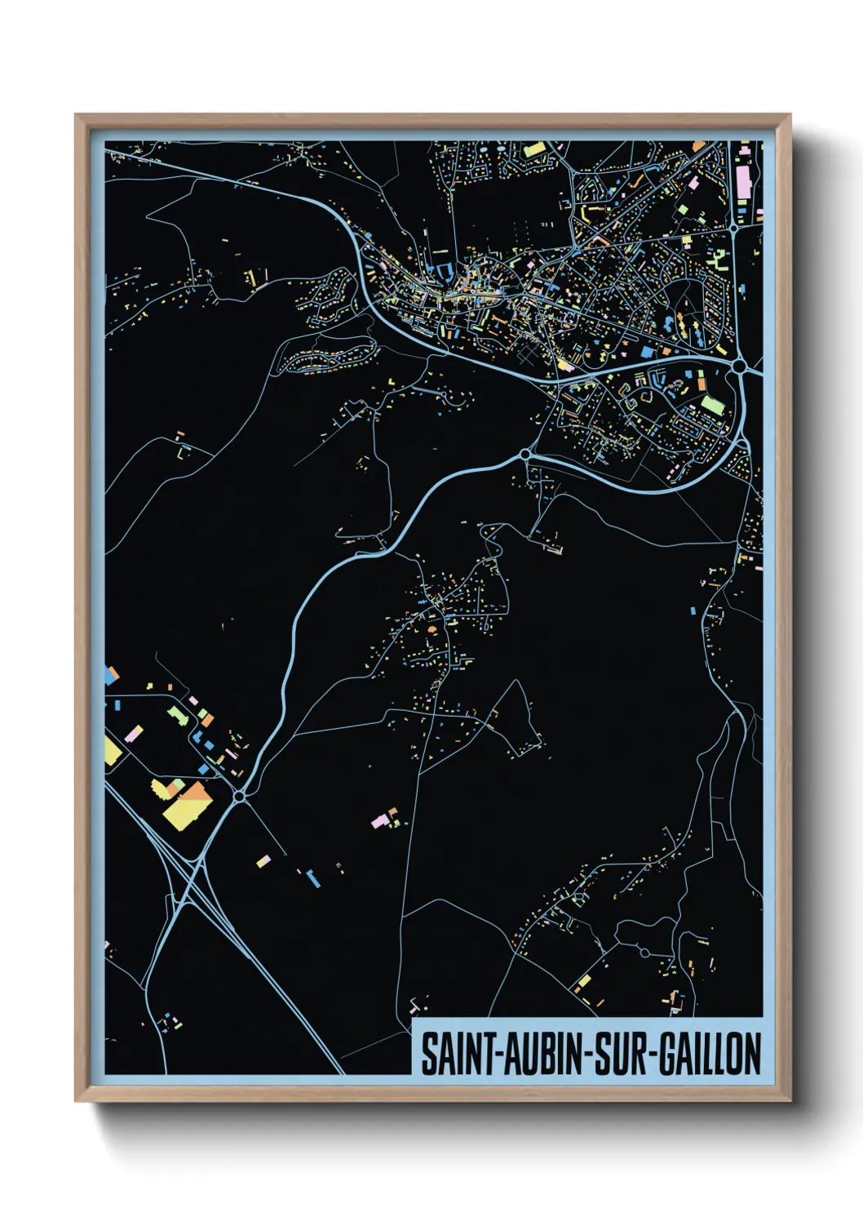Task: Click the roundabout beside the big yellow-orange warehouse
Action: (x=239, y=796)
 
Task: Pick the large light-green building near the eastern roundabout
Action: (x=712, y=405)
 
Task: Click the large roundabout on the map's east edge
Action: (x=739, y=367)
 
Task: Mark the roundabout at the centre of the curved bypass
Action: (x=525, y=454)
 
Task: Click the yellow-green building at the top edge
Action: (x=534, y=150)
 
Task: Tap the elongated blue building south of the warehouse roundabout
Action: (x=312, y=878)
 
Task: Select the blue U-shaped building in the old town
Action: (x=444, y=271)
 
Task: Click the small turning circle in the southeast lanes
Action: (x=644, y=953)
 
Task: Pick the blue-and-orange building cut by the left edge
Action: (x=110, y=675)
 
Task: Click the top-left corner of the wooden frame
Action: (x=76, y=115)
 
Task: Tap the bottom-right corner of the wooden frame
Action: (x=790, y=1101)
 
